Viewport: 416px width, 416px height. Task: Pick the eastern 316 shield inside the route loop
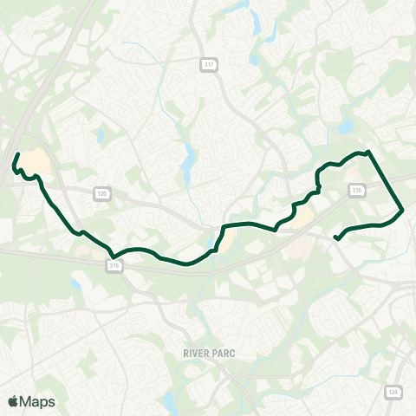coord(357,189)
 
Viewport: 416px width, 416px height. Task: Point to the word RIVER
coord(198,354)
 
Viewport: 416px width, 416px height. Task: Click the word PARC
coord(223,354)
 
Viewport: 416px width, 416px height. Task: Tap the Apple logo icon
coord(13,401)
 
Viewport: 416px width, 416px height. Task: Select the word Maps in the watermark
coord(38,401)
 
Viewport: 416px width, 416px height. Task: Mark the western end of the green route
coord(18,154)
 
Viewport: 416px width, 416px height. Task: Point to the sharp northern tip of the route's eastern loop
coord(369,152)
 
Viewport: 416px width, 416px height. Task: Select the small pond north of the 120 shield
coord(101,135)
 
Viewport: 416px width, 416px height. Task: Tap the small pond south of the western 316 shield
coord(76,284)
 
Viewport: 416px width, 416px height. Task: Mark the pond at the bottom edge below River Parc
coord(167,401)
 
